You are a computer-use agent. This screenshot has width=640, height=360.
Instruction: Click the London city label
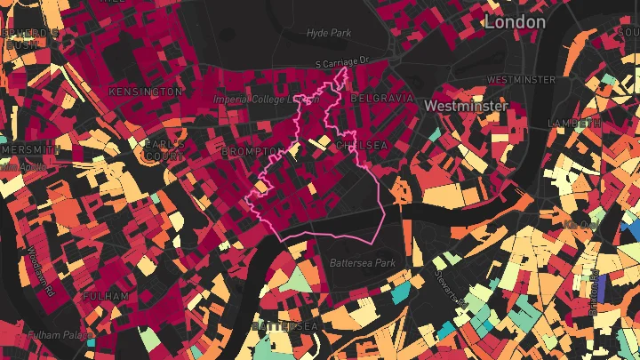point(515,20)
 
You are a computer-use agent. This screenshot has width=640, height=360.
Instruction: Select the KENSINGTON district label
point(145,92)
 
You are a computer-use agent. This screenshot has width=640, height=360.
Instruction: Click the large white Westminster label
point(466,106)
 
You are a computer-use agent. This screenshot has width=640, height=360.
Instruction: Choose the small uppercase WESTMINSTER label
point(522,79)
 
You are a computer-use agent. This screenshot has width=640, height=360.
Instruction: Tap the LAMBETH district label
point(576,123)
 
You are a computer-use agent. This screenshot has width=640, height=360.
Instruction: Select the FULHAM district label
point(106,296)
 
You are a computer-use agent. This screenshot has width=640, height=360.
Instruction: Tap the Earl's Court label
point(164,151)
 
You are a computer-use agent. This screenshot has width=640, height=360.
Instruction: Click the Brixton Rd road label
point(592,293)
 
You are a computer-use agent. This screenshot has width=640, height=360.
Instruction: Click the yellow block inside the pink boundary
point(261,187)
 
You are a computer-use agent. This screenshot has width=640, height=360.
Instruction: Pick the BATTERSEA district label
point(284,327)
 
